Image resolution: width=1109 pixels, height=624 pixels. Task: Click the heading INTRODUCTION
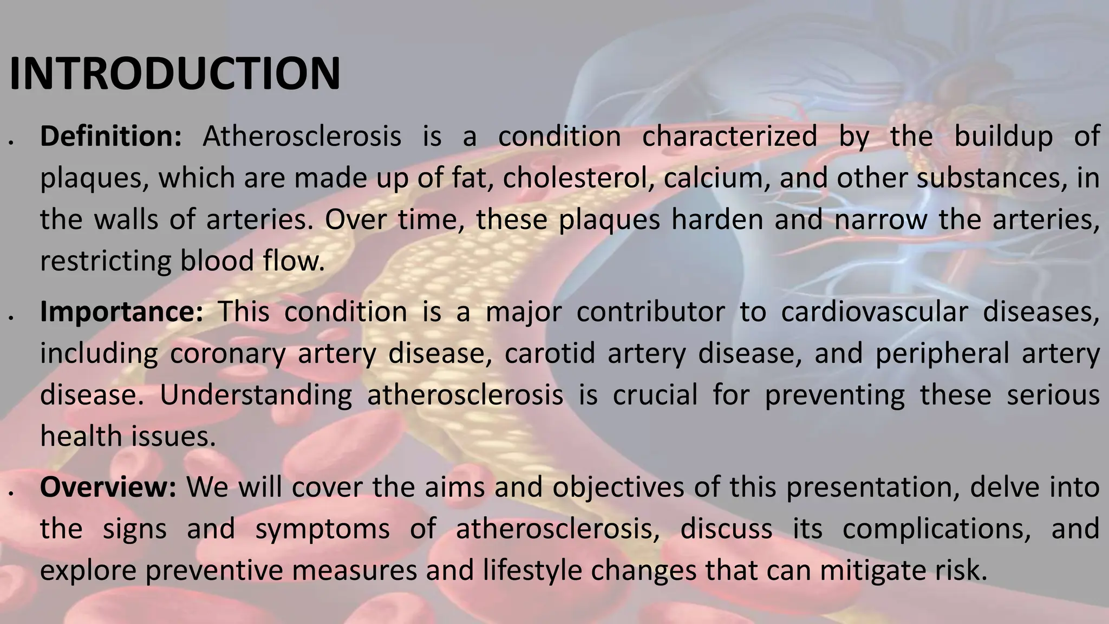click(175, 74)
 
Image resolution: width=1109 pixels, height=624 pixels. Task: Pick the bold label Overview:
click(108, 487)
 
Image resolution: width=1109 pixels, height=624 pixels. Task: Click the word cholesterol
click(576, 178)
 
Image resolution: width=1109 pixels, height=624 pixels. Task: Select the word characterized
click(729, 136)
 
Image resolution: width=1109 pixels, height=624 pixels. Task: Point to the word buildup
click(1003, 136)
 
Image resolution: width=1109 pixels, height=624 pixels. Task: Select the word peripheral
click(942, 353)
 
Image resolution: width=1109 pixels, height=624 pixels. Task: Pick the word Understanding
click(256, 395)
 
